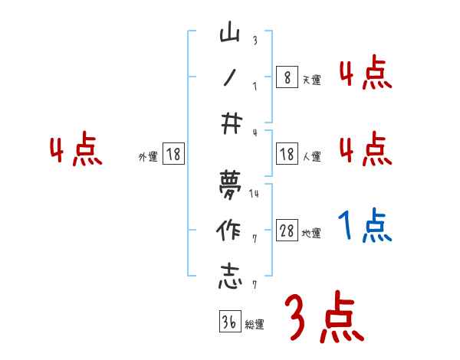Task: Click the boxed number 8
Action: pyautogui.click(x=286, y=77)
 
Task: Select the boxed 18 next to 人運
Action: pyautogui.click(x=287, y=154)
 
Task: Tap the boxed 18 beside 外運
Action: pyautogui.click(x=173, y=154)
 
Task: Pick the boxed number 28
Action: pyautogui.click(x=287, y=231)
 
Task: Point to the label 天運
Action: pyautogui.click(x=311, y=79)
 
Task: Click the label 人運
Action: pyautogui.click(x=312, y=156)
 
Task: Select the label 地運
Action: pyautogui.click(x=312, y=234)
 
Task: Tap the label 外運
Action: pyautogui.click(x=147, y=156)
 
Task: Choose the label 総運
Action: pyautogui.click(x=255, y=324)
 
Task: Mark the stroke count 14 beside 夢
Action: pyautogui.click(x=254, y=193)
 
